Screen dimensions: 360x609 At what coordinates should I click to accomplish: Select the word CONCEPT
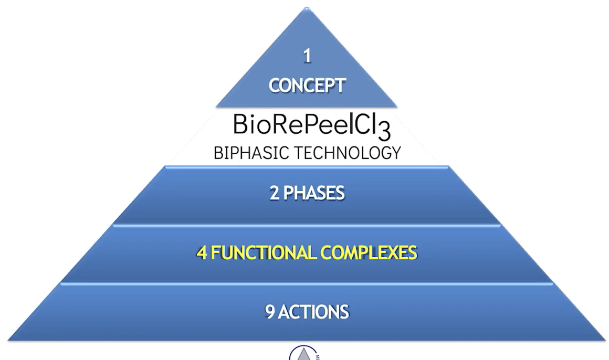point(307,85)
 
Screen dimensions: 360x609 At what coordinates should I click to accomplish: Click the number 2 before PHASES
point(275,193)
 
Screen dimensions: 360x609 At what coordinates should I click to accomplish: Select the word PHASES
point(314,193)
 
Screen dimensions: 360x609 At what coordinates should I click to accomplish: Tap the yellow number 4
point(201,253)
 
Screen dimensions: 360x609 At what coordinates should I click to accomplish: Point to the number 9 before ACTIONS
point(269,312)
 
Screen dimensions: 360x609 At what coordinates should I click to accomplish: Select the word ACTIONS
point(313,312)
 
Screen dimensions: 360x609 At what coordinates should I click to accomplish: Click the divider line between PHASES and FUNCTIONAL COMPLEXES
point(307,225)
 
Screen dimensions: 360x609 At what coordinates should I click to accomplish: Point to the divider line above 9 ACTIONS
point(307,284)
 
